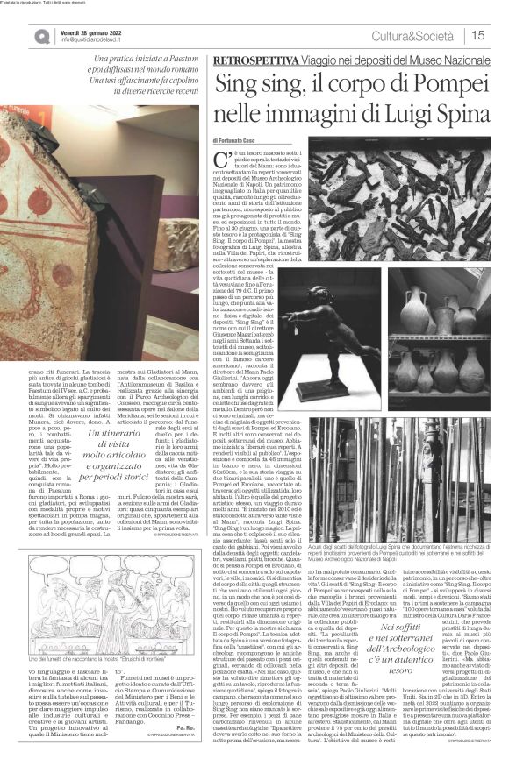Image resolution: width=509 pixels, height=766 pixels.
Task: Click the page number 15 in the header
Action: pyautogui.click(x=478, y=35)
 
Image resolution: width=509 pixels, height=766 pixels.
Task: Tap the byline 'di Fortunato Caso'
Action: pyautogui.click(x=238, y=140)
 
